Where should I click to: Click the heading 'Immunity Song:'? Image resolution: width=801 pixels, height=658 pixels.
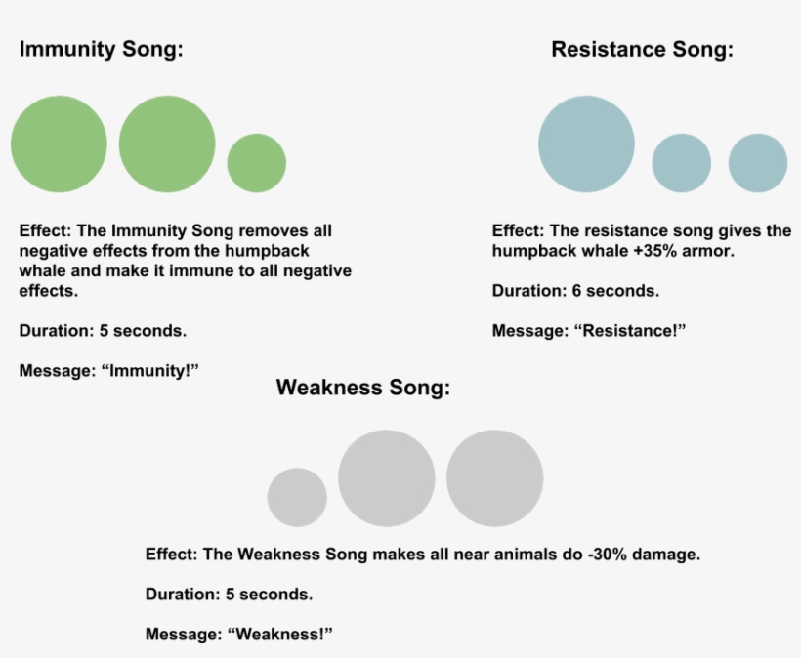101,49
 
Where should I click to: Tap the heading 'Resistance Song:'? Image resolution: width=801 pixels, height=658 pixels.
642,49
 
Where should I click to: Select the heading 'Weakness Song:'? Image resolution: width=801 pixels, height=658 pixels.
362,388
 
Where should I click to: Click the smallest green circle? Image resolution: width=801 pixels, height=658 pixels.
257,162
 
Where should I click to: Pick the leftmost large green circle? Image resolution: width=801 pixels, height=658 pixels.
59,144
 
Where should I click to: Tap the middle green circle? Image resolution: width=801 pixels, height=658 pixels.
167,144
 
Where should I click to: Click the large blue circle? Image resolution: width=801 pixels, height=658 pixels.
586,144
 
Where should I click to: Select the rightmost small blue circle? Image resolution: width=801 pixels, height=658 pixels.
758,162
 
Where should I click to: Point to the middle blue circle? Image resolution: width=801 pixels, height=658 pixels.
681,162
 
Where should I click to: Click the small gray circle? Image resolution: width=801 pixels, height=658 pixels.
297,497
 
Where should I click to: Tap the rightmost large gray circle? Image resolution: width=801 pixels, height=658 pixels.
494,478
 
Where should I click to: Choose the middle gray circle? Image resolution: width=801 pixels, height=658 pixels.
386,478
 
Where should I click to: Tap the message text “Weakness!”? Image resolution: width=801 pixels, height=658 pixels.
280,634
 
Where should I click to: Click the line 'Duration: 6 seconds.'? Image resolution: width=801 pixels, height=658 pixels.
575,291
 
